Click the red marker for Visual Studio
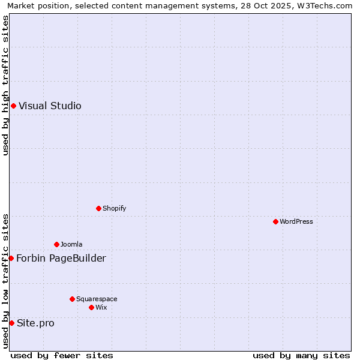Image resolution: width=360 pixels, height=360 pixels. click(13, 106)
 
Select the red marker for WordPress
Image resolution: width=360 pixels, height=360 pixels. click(275, 222)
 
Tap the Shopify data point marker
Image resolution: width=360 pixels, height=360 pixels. click(98, 209)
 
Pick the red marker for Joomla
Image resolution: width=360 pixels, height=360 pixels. click(56, 245)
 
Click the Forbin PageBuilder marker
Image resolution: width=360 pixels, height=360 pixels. click(11, 259)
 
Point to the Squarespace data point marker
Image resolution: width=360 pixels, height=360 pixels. click(72, 299)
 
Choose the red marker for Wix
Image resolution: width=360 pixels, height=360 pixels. click(91, 308)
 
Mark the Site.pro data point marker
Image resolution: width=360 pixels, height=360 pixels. click(11, 323)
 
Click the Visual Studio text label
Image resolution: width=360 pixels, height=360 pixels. click(50, 106)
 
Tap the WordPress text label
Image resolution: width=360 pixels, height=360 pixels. click(296, 222)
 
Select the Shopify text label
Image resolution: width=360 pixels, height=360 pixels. click(114, 209)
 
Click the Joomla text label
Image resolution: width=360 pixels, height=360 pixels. click(71, 245)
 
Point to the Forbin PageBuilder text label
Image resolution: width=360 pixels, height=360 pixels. click(61, 259)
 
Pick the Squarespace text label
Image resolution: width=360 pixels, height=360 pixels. click(97, 299)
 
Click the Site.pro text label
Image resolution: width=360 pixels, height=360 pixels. click(35, 323)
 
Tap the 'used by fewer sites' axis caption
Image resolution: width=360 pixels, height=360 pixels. click(62, 355)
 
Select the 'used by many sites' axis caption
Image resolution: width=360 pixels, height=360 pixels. click(301, 355)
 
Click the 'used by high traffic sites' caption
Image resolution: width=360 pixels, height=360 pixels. click(5, 85)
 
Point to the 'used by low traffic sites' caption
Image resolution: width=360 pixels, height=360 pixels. click(5, 281)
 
